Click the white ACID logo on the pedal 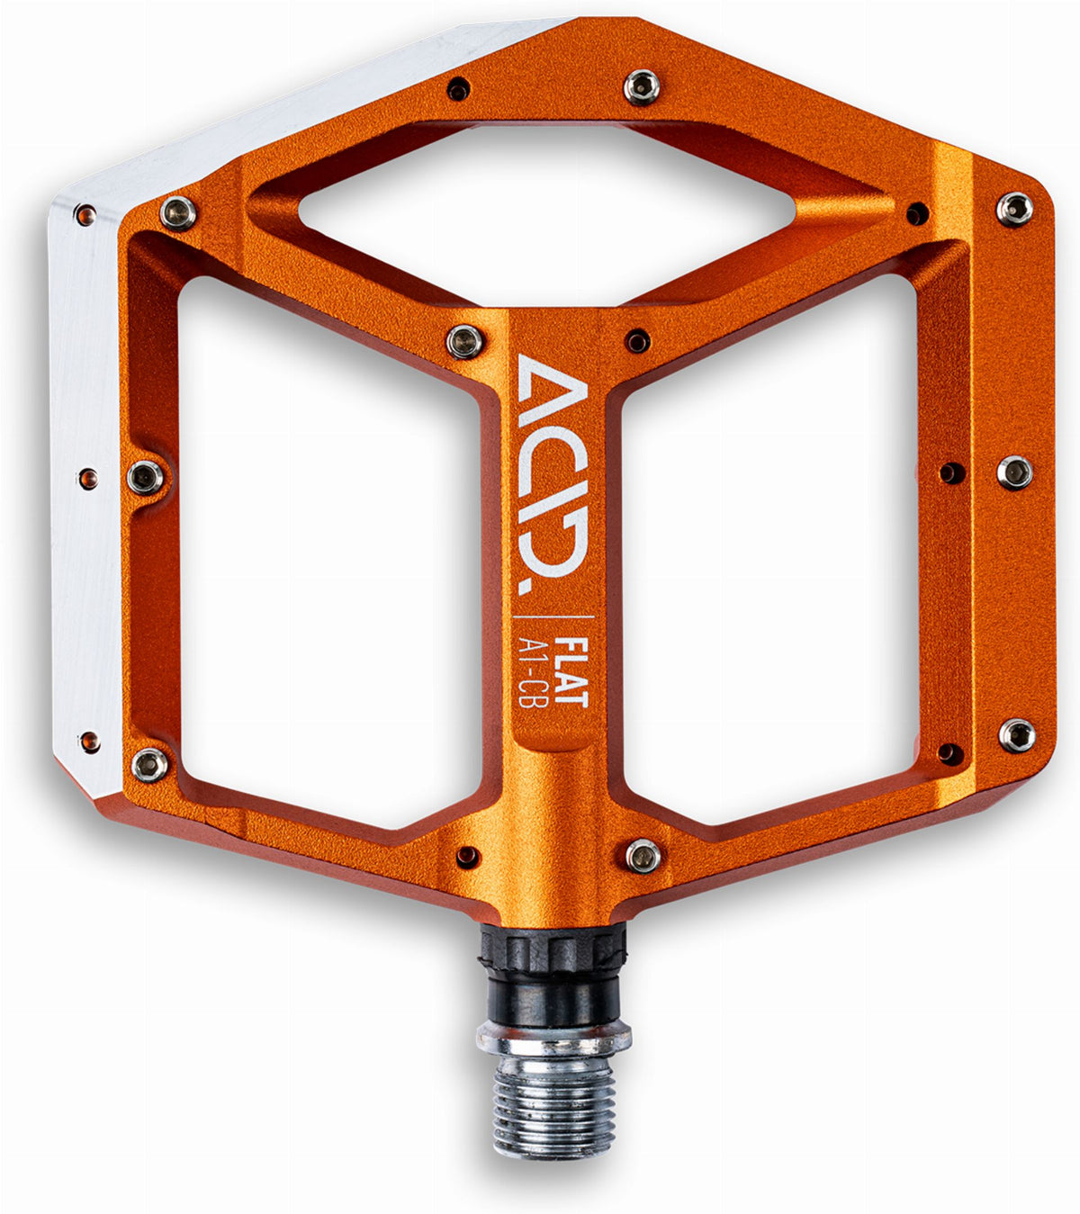point(553,473)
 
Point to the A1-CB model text point(531,673)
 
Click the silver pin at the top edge point(642,87)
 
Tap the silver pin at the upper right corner point(1014,209)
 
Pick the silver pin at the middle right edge point(1014,472)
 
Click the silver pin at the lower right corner point(1016,735)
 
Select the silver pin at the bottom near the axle point(643,856)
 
